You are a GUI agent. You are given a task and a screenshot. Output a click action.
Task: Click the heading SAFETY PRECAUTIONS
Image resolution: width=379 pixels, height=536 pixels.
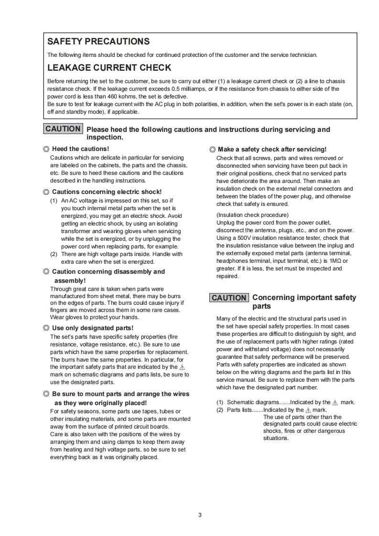[x=98, y=42]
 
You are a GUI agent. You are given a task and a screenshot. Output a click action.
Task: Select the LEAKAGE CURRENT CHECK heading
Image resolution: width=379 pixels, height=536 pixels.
[x=109, y=68]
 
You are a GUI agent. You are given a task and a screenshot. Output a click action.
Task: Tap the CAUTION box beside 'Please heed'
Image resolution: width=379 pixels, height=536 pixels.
[x=63, y=129]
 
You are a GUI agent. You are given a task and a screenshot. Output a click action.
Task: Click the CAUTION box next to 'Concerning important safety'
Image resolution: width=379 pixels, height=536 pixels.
[x=229, y=298]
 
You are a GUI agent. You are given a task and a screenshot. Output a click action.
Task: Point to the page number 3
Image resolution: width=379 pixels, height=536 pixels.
[x=200, y=515]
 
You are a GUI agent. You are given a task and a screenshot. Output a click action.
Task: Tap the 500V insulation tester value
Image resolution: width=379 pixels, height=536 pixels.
[x=249, y=238]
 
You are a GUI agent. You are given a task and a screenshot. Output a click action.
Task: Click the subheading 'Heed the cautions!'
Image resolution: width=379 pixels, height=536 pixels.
[x=80, y=149]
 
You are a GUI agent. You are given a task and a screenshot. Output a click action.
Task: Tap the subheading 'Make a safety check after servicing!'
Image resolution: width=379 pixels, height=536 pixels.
[x=272, y=150]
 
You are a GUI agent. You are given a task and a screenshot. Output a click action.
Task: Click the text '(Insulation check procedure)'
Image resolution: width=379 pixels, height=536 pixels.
[x=252, y=215]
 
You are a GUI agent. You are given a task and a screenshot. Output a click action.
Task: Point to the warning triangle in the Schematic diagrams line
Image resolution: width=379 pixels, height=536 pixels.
[x=335, y=403]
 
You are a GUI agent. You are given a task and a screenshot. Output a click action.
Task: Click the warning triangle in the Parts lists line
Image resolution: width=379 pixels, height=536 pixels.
[x=308, y=410]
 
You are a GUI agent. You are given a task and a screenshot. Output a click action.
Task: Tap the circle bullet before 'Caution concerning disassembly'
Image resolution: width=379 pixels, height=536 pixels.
[x=46, y=272]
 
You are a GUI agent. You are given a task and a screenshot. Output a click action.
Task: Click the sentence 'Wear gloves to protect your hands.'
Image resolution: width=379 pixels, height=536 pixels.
[x=95, y=317]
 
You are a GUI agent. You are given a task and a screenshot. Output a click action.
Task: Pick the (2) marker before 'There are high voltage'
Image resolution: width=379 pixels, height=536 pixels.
[x=54, y=254]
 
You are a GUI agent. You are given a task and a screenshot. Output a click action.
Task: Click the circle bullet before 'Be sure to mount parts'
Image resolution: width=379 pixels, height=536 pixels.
[x=46, y=394]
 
